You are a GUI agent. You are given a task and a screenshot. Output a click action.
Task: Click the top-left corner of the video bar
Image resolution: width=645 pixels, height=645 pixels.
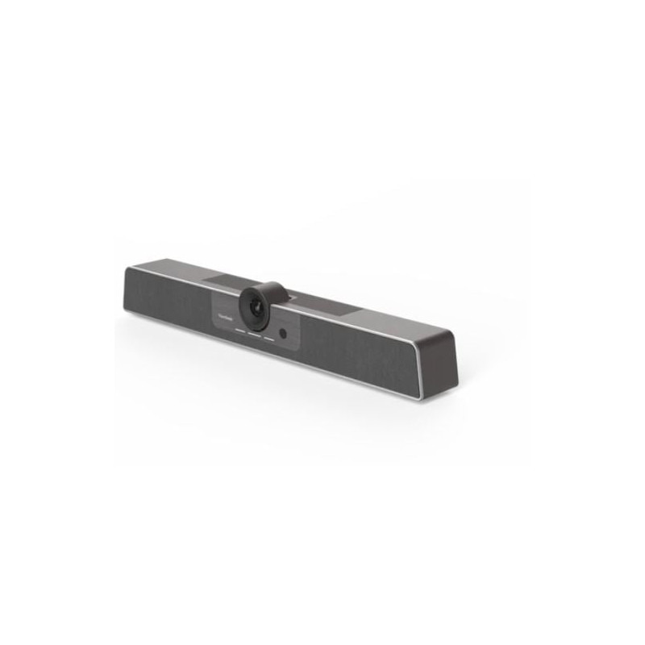[x=127, y=266]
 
